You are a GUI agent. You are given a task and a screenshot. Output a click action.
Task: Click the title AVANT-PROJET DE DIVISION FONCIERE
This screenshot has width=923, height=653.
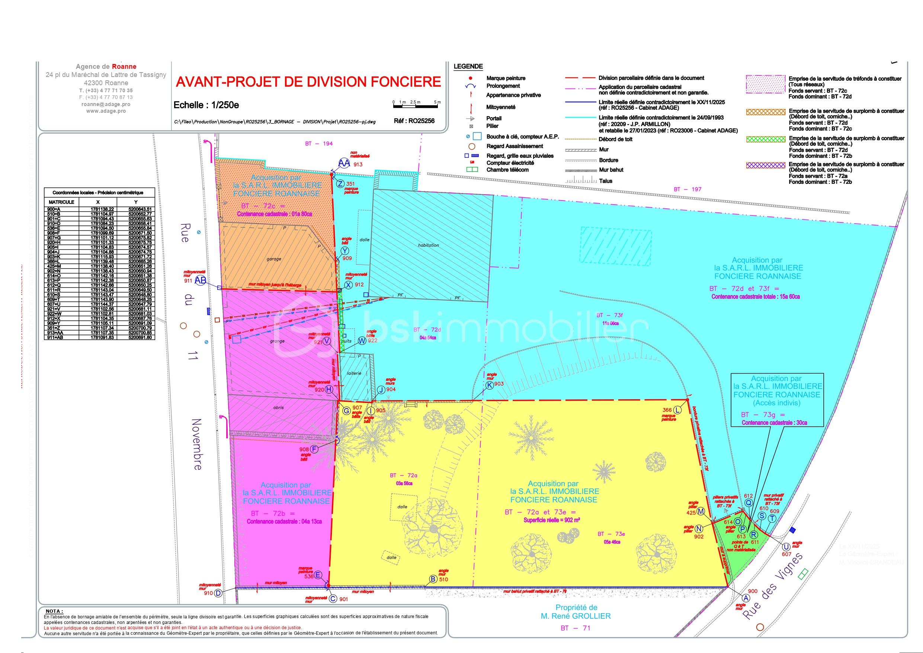point(308,82)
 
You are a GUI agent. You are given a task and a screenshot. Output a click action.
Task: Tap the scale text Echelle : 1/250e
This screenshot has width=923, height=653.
point(206,105)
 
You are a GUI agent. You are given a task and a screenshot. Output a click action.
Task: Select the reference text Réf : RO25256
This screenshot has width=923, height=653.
point(414,121)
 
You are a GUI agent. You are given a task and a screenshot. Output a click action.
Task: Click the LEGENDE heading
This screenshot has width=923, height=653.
point(468,67)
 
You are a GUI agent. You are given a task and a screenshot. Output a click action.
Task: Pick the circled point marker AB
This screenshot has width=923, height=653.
point(201,281)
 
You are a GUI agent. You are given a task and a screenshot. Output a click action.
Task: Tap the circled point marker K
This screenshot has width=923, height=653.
point(489,385)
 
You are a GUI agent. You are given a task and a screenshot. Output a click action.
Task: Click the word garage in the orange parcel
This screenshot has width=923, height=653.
point(274,259)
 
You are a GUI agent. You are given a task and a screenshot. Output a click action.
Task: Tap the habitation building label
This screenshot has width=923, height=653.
point(429,245)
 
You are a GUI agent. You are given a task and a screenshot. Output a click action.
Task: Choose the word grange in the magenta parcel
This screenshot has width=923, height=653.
point(278,341)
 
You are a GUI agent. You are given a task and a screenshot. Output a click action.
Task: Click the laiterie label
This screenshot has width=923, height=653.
point(354,373)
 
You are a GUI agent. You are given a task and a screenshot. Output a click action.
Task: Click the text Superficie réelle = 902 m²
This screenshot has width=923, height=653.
point(552,520)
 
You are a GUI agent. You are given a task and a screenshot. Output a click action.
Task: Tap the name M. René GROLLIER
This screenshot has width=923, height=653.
point(576,615)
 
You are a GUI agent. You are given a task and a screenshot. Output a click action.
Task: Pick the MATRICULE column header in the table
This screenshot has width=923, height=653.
point(61,202)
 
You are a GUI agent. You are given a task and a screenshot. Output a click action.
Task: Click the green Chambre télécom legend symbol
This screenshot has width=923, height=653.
point(472,170)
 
